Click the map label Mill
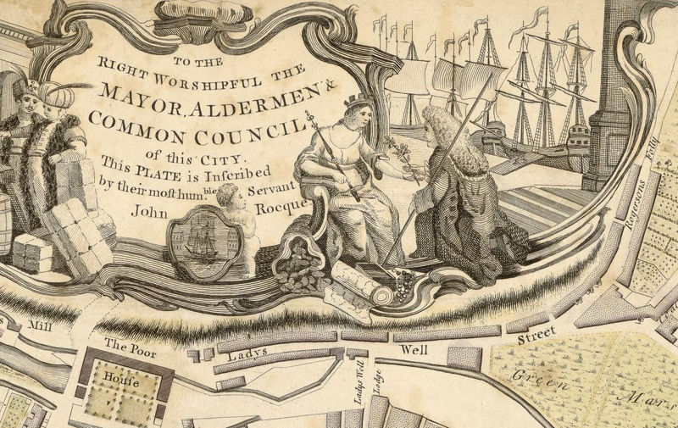pos(40,325)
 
